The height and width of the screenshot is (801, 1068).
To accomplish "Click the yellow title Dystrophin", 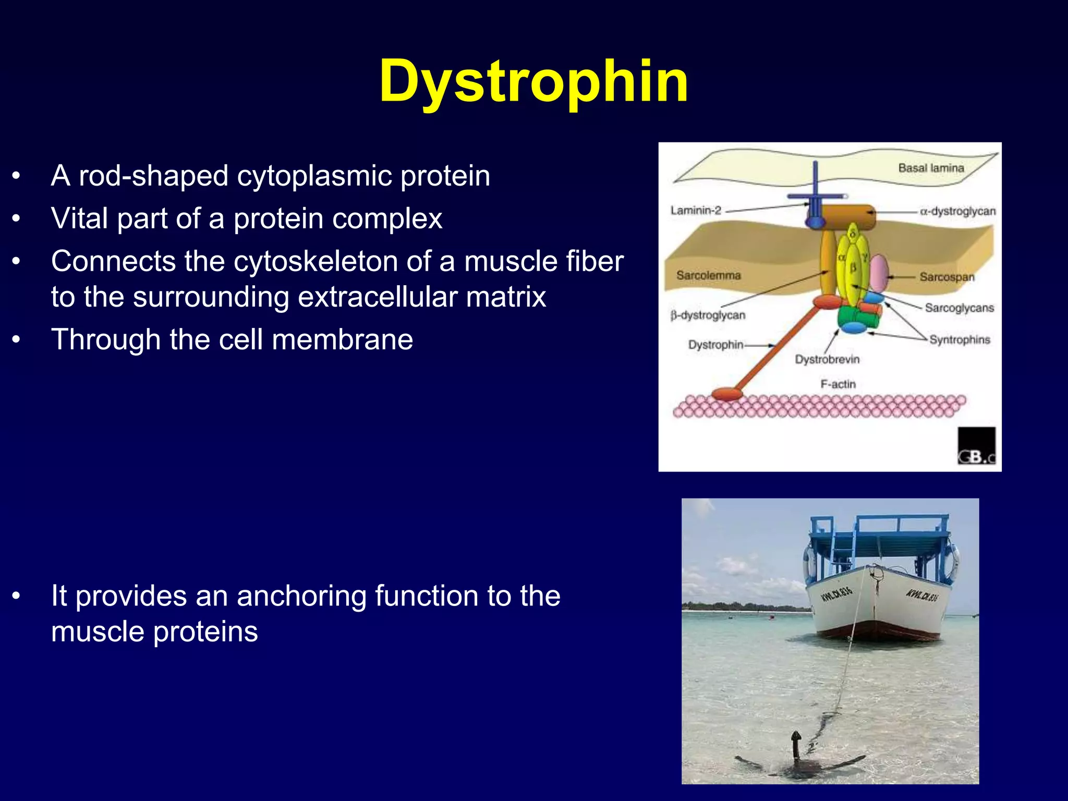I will click(533, 82).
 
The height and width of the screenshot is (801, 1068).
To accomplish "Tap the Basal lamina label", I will click(931, 168).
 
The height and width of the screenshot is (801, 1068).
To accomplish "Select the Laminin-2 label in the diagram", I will click(696, 211).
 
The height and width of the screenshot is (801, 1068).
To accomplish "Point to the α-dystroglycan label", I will click(957, 211).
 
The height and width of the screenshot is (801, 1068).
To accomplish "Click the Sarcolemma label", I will click(708, 275).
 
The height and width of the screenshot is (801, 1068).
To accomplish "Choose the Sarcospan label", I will click(946, 277).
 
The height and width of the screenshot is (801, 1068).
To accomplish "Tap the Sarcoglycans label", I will click(959, 308).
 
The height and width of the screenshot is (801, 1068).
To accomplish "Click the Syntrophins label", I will click(959, 339).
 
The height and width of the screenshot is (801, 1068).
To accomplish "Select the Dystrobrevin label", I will click(827, 359).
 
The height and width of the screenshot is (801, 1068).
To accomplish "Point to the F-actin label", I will click(838, 384).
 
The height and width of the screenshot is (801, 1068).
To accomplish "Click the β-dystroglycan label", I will click(708, 315).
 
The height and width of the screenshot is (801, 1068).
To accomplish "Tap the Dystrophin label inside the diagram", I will click(715, 345).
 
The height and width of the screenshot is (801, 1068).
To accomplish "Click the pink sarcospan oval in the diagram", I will click(879, 273).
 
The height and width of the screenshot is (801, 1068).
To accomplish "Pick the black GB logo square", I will click(976, 446).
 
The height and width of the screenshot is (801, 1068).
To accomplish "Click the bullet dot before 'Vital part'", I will click(17, 219).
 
